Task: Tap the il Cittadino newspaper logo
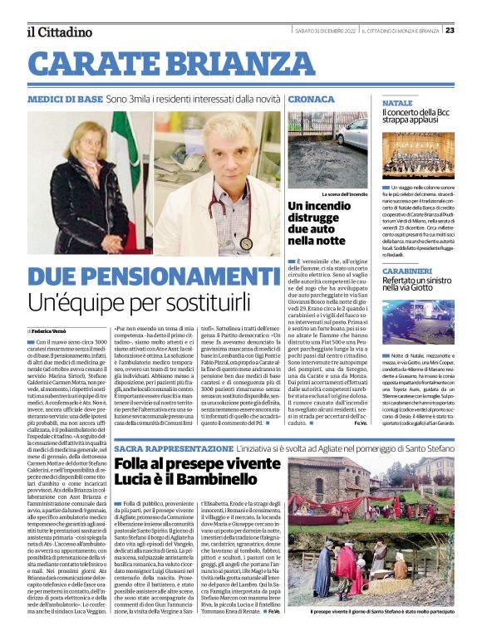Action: point(57,32)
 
